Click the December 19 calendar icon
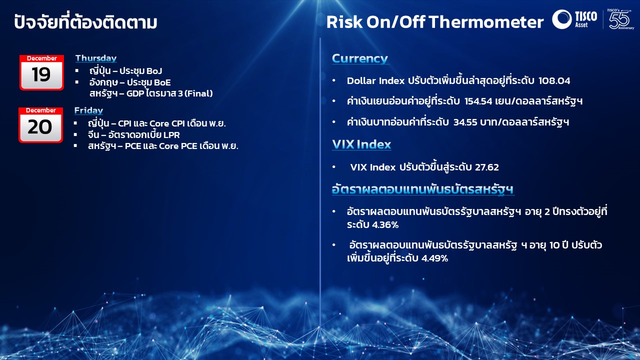click(x=41, y=72)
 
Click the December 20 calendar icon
click(x=40, y=125)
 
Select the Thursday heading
click(x=96, y=58)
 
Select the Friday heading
click(x=88, y=110)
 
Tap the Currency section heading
click(x=360, y=58)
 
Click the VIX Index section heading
click(x=361, y=144)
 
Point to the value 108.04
click(x=554, y=81)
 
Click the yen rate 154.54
click(x=478, y=101)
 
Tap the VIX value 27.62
click(x=486, y=167)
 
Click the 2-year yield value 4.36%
click(x=385, y=225)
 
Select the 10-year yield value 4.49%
click(x=434, y=258)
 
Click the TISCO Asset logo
click(x=574, y=19)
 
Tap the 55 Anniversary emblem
click(x=619, y=19)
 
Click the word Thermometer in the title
click(x=486, y=22)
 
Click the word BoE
click(x=162, y=82)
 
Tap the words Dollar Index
click(x=375, y=81)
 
